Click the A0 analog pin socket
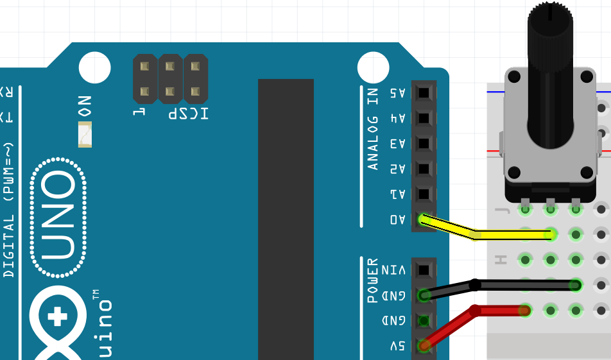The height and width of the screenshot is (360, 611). [x=423, y=219]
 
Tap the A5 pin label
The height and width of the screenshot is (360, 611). [x=398, y=92]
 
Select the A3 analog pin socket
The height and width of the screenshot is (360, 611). [x=423, y=143]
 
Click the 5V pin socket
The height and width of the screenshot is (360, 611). [x=423, y=346]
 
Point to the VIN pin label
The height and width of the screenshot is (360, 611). [x=395, y=270]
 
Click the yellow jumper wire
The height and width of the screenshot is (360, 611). [x=507, y=235]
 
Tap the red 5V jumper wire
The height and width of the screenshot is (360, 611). [x=501, y=311]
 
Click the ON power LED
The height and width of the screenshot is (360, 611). [x=85, y=135]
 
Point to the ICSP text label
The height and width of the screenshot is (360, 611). [x=188, y=114]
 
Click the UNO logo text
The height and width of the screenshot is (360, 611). [x=58, y=218]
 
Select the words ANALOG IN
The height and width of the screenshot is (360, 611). [x=373, y=128]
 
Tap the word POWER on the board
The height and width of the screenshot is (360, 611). [x=373, y=280]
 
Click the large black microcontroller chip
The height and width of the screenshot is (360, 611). [x=286, y=218]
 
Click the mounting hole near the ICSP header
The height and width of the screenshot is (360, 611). [x=95, y=67]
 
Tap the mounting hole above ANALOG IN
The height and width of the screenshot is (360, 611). [x=373, y=67]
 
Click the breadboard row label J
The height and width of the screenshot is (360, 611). [x=501, y=209]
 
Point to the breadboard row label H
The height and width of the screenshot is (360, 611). [x=501, y=260]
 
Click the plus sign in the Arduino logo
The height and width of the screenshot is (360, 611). [x=58, y=316]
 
